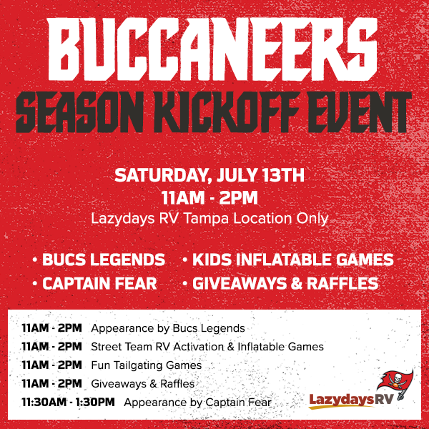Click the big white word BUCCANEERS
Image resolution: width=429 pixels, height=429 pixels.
coord(212,49)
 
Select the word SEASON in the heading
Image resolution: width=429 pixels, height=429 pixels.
coord(79,112)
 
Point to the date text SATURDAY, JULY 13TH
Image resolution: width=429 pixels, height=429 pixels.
coord(209,175)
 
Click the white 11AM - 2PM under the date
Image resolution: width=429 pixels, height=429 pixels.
coord(209,197)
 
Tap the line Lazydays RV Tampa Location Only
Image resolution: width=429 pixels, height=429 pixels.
coord(209,219)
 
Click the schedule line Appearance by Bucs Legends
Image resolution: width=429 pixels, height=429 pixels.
coord(168,328)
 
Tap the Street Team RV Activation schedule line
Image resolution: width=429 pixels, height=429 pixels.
coord(207,347)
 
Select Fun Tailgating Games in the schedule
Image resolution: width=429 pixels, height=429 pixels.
coord(146,365)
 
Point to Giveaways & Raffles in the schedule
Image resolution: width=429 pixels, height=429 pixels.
coord(142,383)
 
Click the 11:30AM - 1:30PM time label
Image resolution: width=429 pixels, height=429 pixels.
coord(68,402)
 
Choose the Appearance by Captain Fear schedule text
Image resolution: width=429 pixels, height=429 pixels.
coord(197,403)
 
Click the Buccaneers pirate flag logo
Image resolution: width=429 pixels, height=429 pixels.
coord(395,383)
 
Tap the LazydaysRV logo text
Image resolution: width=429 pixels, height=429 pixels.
coord(351,400)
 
